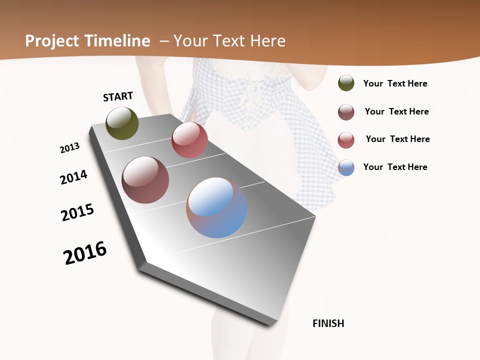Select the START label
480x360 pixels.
click(118, 96)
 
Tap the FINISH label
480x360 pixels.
click(328, 323)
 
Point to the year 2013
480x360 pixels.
click(70, 148)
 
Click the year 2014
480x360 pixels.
click(74, 177)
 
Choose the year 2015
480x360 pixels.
click(77, 212)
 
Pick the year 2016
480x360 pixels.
click(85, 252)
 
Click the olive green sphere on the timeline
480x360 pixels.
click(122, 123)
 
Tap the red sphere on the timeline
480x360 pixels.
click(189, 140)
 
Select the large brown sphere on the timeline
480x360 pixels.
click(145, 180)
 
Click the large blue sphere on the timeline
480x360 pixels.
click(216, 207)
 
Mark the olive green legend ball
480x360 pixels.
click(346, 83)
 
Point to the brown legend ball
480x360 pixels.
click(346, 112)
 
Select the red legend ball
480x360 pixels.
click(346, 140)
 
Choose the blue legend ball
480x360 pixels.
click(346, 167)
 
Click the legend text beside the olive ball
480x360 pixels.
click(395, 84)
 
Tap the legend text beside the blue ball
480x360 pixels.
click(395, 167)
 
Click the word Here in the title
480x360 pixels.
click(267, 41)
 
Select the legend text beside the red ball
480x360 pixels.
click(397, 139)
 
